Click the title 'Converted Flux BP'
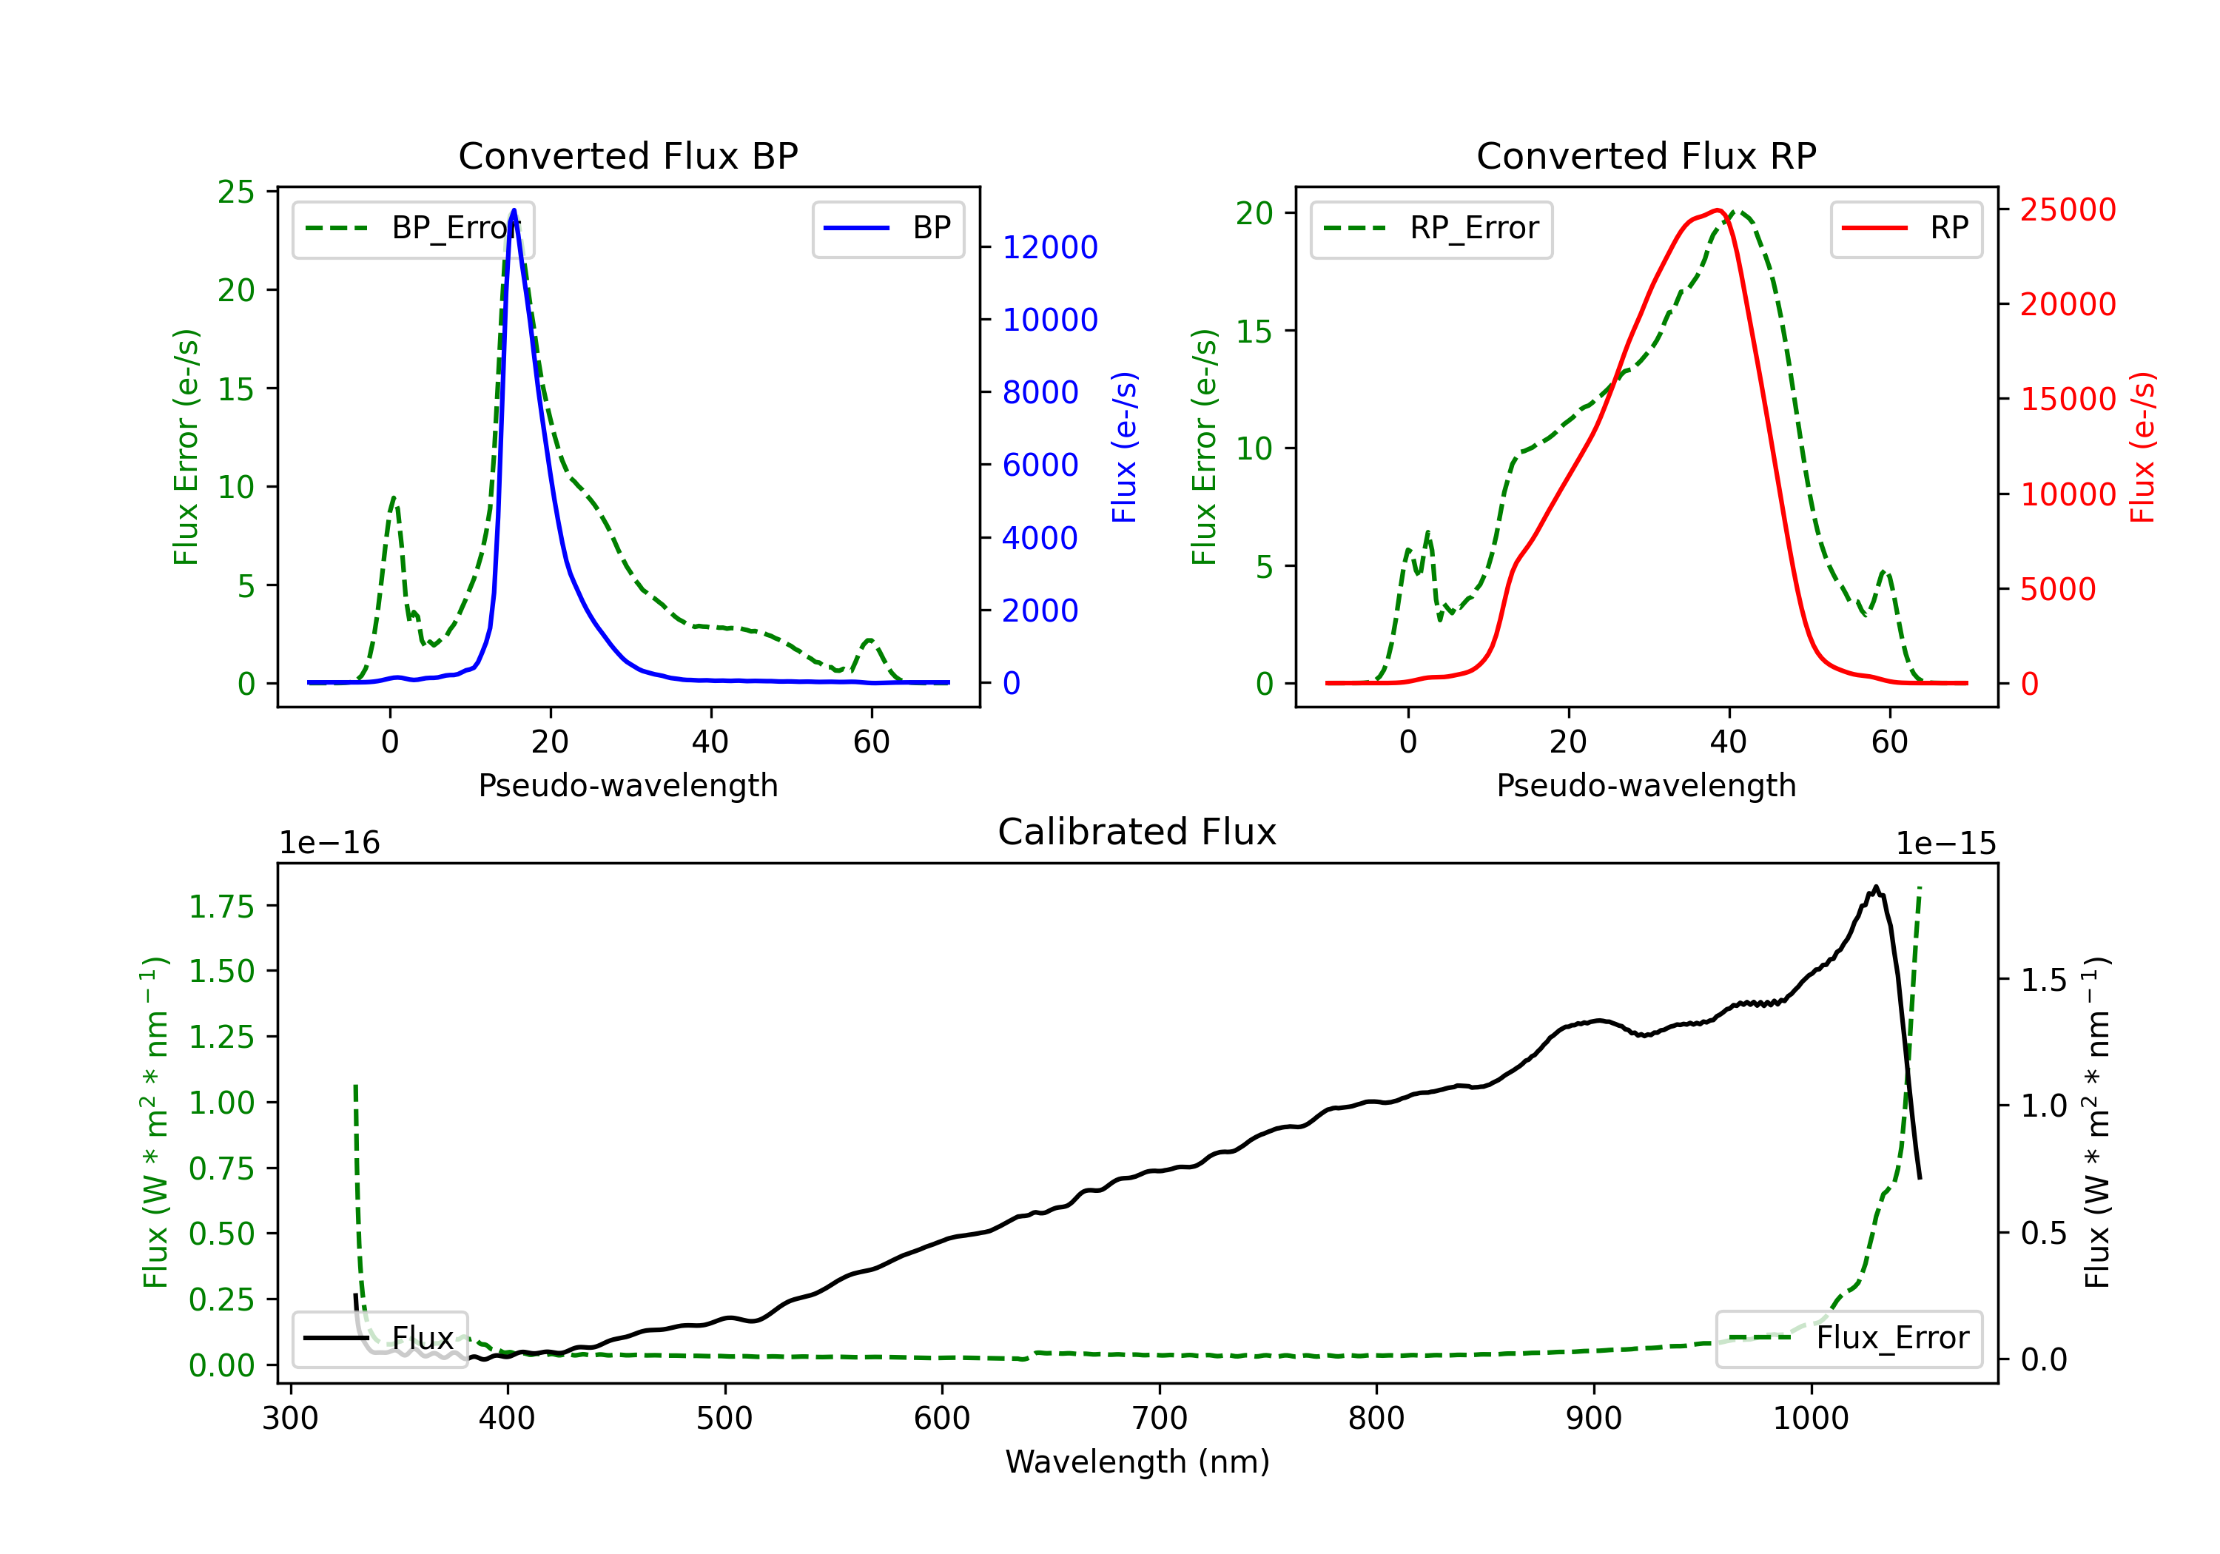point(628,155)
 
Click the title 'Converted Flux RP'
point(1646,155)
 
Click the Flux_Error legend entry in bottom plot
point(1848,1339)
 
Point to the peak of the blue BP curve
point(514,210)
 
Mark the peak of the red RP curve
point(1718,210)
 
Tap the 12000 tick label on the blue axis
point(1050,248)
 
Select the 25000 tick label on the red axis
point(2068,210)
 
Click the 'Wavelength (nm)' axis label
point(1137,1461)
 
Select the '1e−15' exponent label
point(1945,844)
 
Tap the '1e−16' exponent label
point(330,844)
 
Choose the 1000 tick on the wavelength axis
point(1810,1419)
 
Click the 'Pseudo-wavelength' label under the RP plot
point(1646,785)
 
